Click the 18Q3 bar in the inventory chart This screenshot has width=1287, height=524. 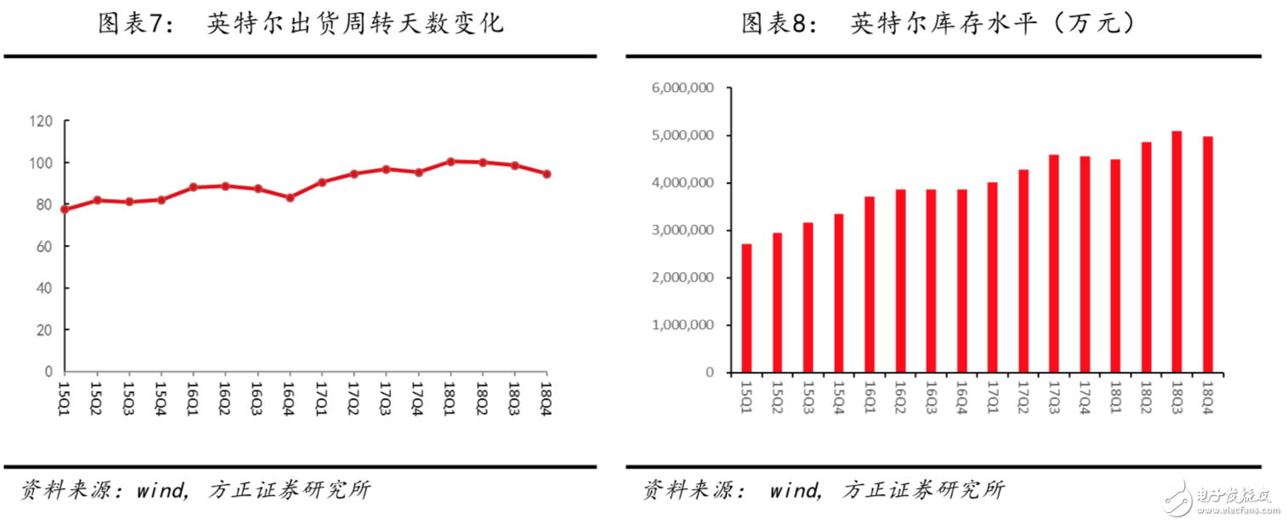tap(1176, 252)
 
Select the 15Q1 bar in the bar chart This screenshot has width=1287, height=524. tap(746, 308)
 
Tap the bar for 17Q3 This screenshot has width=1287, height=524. tap(1053, 264)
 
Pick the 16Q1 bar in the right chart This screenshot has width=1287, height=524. tap(869, 284)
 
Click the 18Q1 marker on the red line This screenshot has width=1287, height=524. tap(451, 161)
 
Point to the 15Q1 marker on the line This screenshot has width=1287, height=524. tap(65, 208)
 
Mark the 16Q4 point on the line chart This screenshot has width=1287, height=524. tap(290, 197)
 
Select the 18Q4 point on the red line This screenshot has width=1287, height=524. tap(547, 174)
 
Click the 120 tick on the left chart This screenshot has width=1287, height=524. tap(41, 121)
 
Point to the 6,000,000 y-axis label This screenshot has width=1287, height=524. tap(683, 88)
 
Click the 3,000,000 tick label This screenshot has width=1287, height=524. tap(683, 231)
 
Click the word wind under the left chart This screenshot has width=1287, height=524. tap(160, 490)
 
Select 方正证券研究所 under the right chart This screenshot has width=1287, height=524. tap(924, 490)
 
